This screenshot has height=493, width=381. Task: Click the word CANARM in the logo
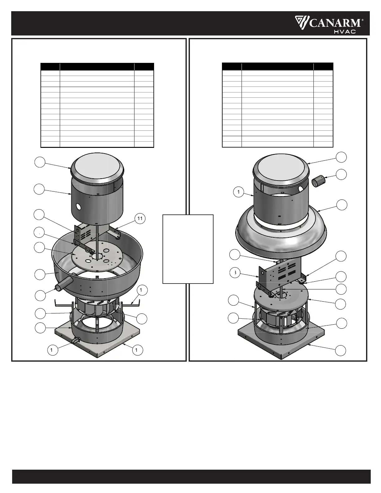point(335,23)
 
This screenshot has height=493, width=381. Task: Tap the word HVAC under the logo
point(345,32)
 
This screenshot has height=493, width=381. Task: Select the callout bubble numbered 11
point(140,218)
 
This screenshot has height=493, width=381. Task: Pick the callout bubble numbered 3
point(235,273)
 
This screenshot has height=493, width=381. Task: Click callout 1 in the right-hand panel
point(238,192)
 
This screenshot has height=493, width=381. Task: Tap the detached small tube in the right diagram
point(318,182)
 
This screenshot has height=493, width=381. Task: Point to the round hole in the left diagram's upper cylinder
point(78,206)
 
